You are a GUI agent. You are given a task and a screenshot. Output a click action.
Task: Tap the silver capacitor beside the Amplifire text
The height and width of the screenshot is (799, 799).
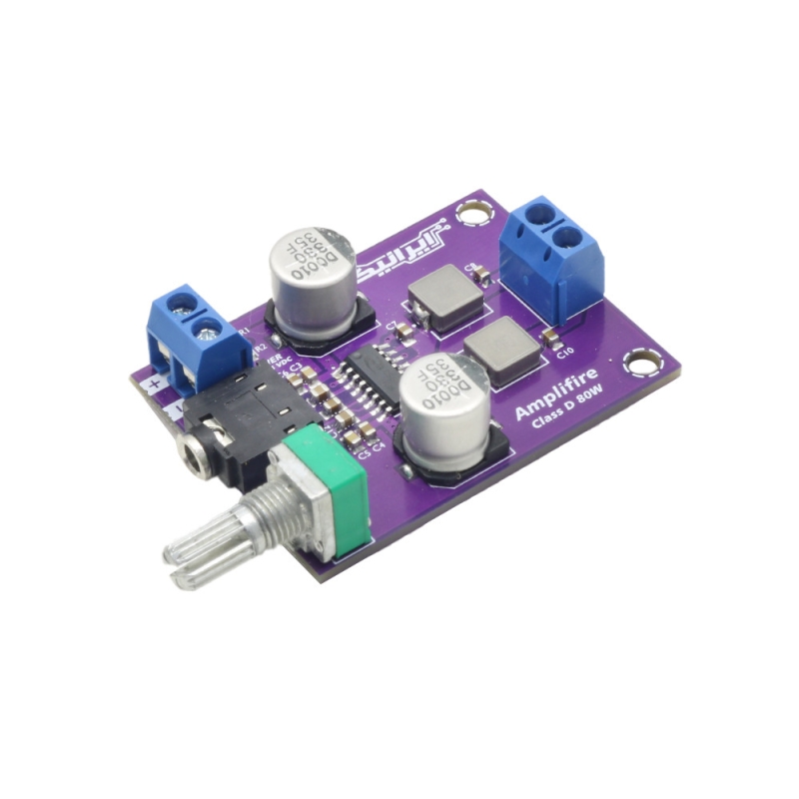click(444, 404)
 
